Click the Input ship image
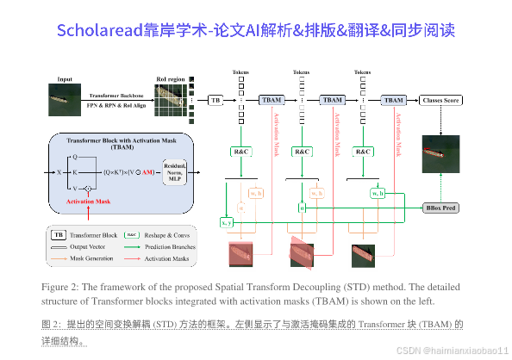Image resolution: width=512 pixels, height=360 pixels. point(65,100)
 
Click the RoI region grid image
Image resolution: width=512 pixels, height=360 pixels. point(172,100)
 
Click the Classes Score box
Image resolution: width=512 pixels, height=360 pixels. point(441,101)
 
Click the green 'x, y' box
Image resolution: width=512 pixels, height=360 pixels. point(227,222)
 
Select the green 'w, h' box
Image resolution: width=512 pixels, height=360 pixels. point(378,193)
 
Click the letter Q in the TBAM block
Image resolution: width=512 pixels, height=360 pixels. point(75,157)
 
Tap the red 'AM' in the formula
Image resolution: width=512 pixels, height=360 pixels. point(148,172)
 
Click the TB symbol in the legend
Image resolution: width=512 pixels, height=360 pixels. point(59,234)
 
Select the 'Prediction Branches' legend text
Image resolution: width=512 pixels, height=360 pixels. point(172,246)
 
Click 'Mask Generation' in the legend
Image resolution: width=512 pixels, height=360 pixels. point(96,258)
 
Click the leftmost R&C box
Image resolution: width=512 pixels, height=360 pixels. point(241,152)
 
